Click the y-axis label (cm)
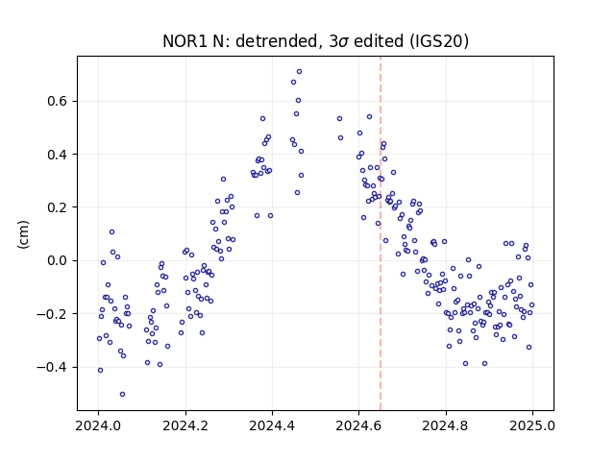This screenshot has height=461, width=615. point(23,234)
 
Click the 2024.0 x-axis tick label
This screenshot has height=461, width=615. point(98,425)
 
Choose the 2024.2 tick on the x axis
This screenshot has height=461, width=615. point(185,425)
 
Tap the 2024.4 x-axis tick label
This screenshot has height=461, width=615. point(272,425)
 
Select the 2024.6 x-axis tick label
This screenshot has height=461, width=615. point(358,425)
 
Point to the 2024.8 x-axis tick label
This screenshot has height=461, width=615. point(446,425)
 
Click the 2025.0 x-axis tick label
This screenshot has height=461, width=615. point(532,425)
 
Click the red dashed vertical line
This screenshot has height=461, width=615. point(381,233)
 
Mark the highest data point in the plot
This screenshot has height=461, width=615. point(299,72)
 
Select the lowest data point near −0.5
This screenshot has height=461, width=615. point(122,395)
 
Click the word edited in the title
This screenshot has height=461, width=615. point(379,41)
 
